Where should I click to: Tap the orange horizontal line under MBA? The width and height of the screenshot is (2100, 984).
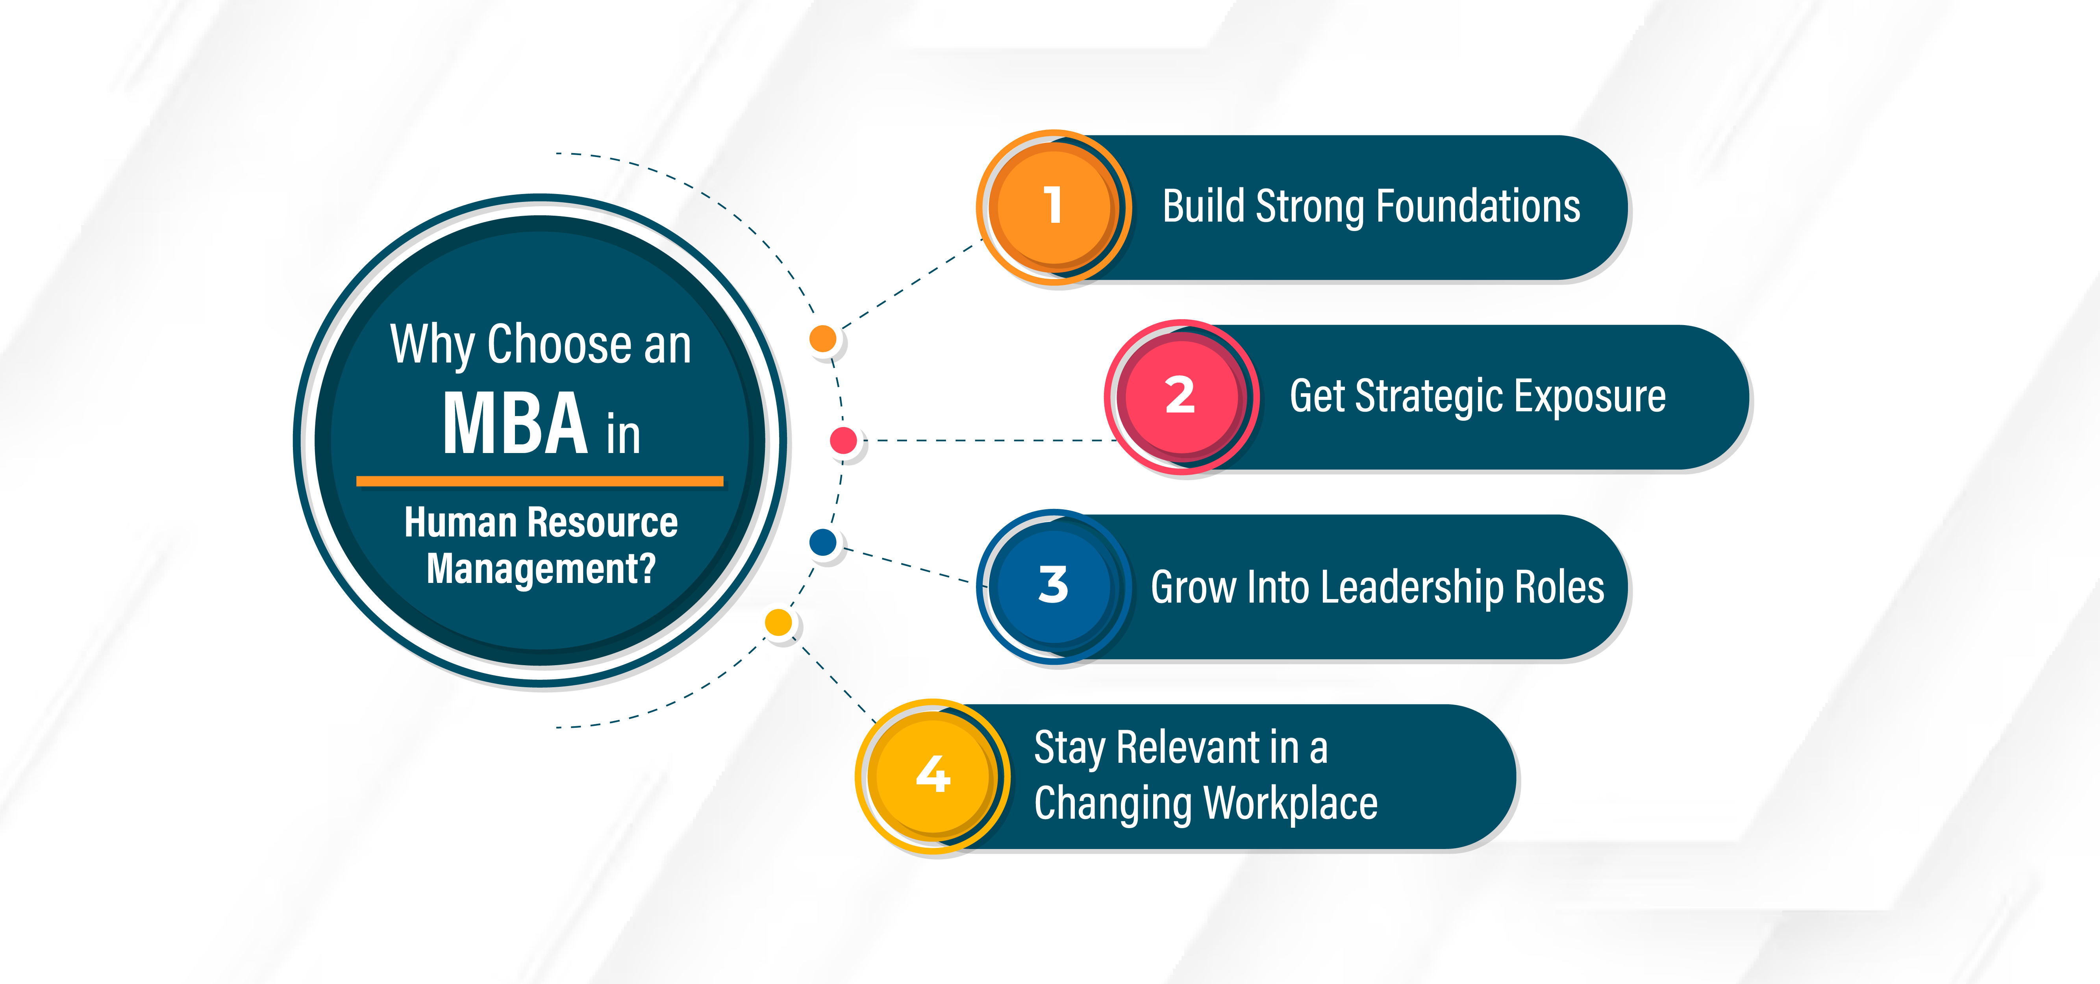coord(540,481)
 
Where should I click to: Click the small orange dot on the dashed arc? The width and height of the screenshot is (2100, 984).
coord(822,337)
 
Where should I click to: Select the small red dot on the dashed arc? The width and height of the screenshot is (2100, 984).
coord(843,440)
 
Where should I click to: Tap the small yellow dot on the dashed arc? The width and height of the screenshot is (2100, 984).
coord(778,622)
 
